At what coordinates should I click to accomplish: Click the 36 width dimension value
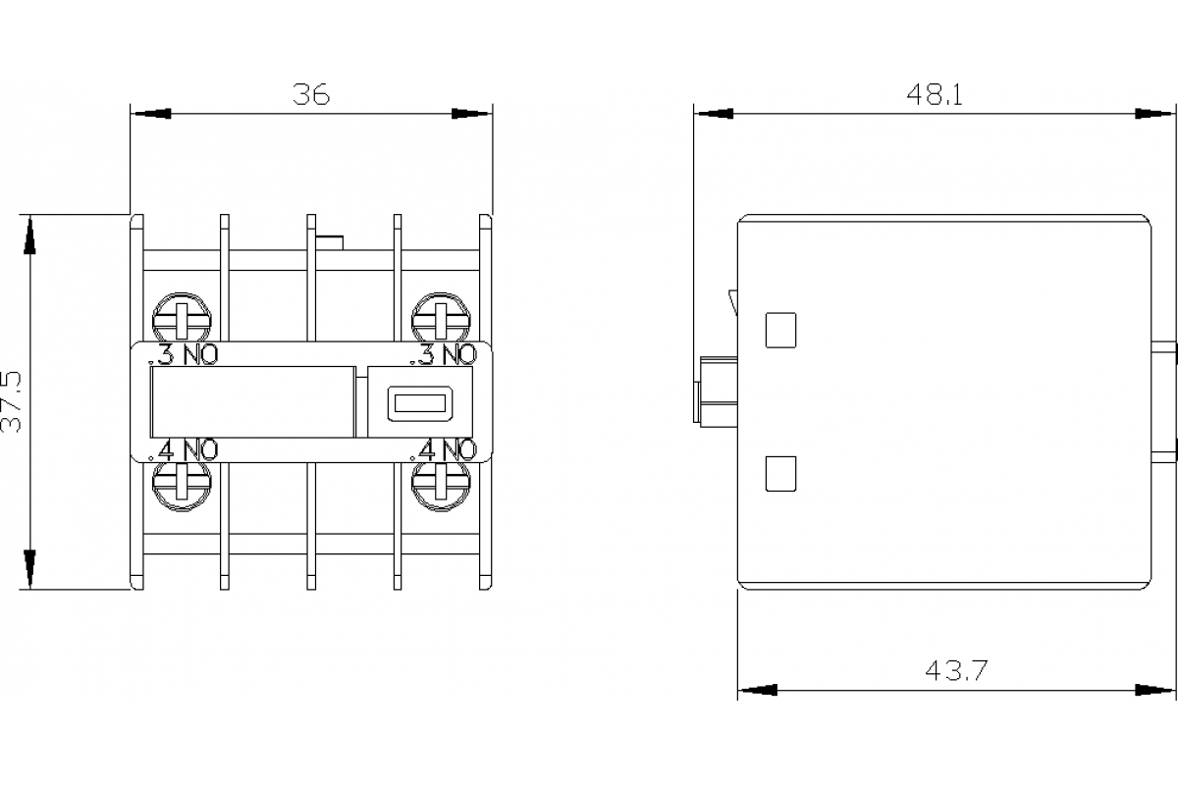(x=311, y=94)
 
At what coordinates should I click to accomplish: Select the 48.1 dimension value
(x=934, y=94)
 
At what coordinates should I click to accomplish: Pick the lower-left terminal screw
(x=183, y=483)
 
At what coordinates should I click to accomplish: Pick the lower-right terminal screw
(x=441, y=483)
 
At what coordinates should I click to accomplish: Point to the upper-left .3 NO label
(x=183, y=354)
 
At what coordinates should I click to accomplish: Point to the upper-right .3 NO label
(x=447, y=354)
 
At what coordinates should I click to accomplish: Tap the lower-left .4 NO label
(x=183, y=449)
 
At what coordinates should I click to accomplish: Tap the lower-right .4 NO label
(x=447, y=449)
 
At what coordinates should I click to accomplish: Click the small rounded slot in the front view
(x=417, y=401)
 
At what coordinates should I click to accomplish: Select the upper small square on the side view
(x=779, y=330)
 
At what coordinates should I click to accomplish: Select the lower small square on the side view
(x=779, y=474)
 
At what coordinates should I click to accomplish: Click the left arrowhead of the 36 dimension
(x=150, y=114)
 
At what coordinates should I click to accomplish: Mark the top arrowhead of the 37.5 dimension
(x=29, y=234)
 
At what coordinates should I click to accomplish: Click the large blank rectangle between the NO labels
(x=251, y=400)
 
